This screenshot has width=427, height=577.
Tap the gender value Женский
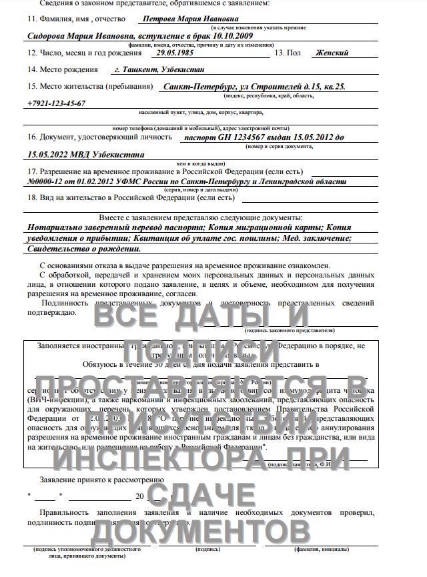(332, 52)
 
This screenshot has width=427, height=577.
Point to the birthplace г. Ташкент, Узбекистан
(159, 69)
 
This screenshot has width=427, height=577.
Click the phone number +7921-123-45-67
(57, 103)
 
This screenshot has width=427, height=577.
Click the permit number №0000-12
(50, 181)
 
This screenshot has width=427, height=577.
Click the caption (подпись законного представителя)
(290, 330)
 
